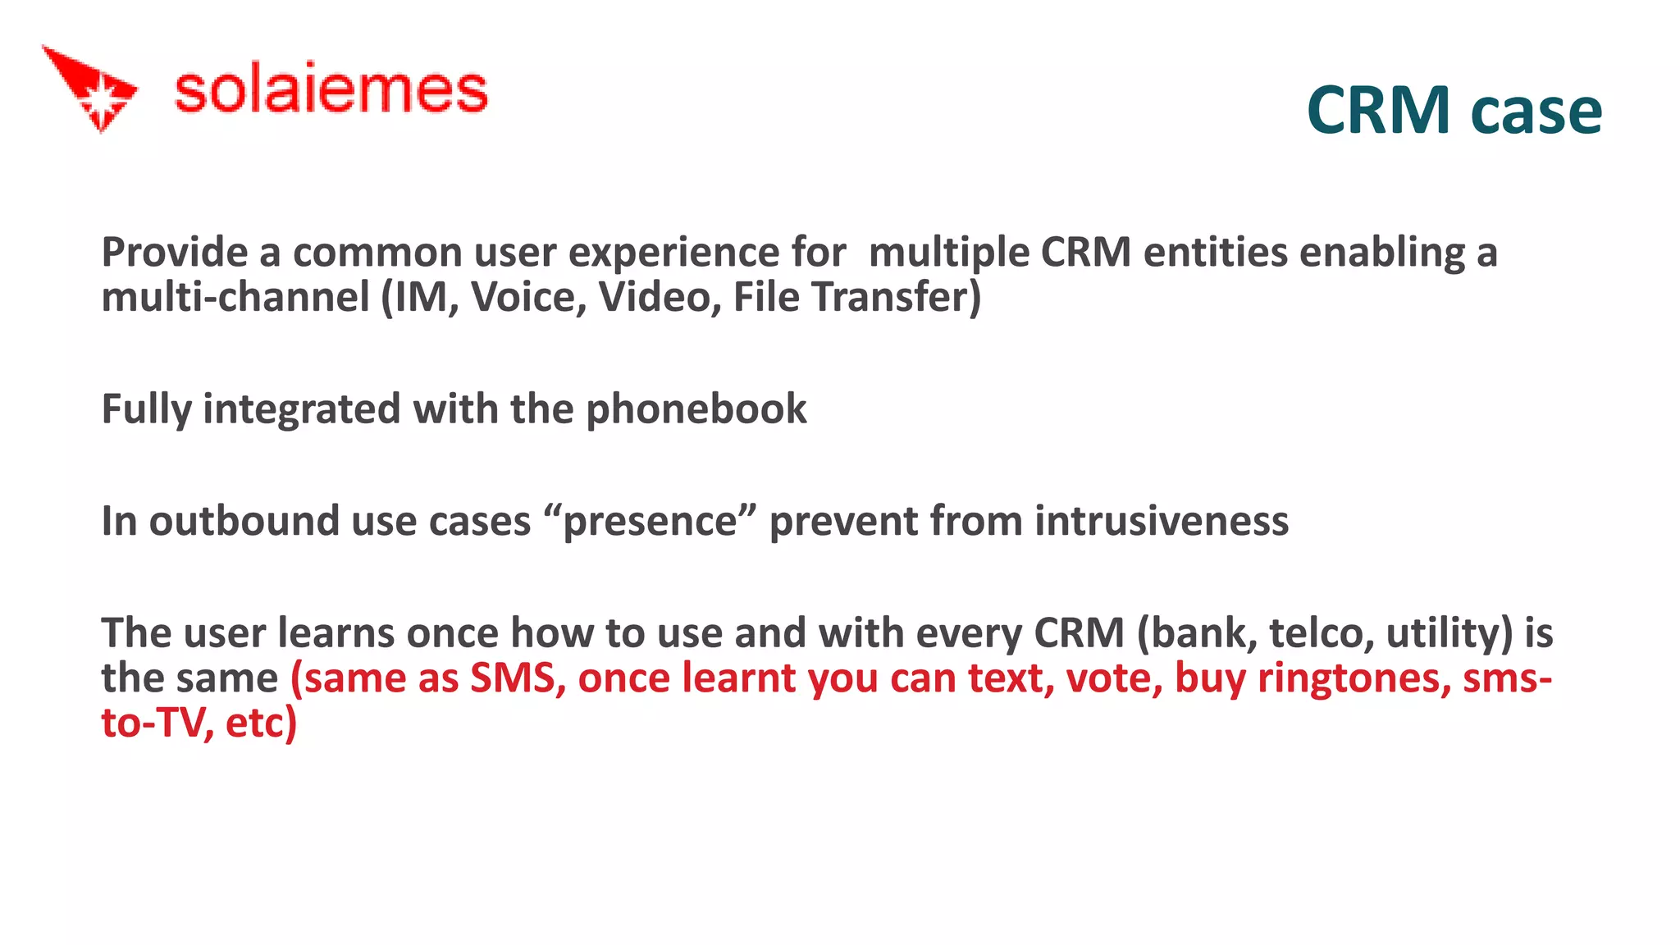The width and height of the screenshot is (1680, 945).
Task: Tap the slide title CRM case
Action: point(1454,111)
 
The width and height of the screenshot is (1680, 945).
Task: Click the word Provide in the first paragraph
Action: point(174,252)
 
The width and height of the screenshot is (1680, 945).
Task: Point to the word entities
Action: point(1215,252)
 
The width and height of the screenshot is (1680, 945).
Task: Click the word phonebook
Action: point(696,409)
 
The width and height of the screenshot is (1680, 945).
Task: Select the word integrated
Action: point(301,409)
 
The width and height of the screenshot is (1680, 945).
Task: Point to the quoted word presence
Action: point(650,521)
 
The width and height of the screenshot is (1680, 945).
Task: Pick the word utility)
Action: point(1449,633)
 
